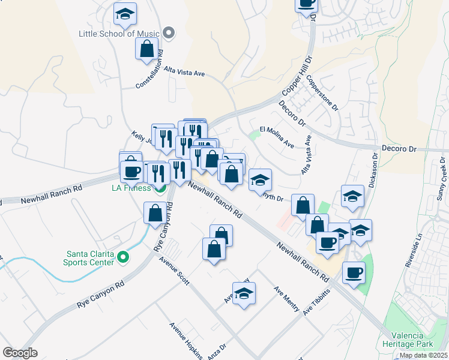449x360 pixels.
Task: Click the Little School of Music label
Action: [119, 34]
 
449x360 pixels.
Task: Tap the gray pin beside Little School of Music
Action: [169, 34]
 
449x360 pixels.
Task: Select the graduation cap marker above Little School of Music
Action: [125, 14]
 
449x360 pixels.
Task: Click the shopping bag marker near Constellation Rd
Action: [147, 50]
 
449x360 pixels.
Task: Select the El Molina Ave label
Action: [277, 137]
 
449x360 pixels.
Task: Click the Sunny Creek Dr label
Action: [443, 178]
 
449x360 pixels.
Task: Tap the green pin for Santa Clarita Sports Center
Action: [124, 257]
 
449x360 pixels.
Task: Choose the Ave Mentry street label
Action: [286, 298]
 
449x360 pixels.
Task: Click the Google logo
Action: [20, 353]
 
